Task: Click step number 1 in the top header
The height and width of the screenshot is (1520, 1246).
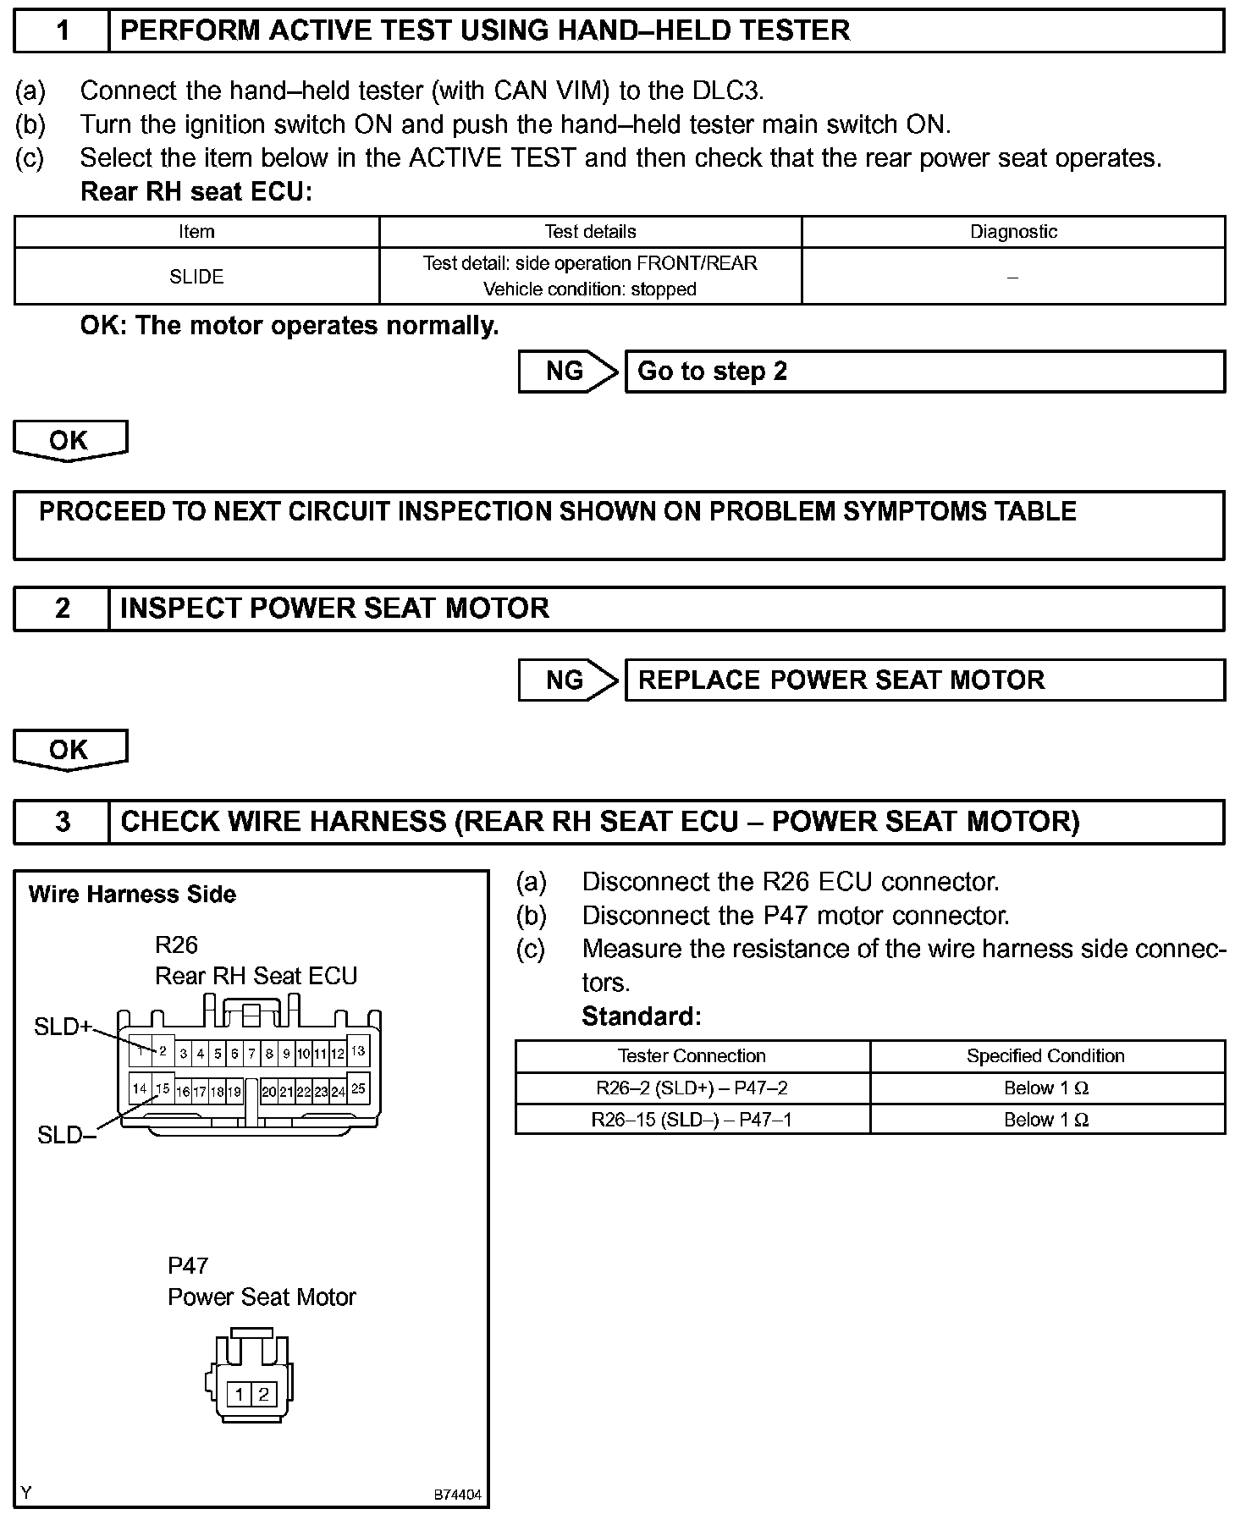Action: pos(62,31)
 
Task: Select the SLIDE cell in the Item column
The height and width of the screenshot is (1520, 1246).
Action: pos(196,277)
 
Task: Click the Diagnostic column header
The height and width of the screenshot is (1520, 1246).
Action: pos(1013,232)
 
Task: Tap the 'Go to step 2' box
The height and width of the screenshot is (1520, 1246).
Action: pos(924,372)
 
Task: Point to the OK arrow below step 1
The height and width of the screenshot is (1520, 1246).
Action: pos(70,441)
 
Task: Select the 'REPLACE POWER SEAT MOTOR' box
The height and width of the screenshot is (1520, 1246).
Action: pos(924,680)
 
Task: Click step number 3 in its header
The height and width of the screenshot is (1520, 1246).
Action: pos(62,822)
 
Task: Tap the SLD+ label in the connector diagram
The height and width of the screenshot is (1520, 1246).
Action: pos(62,1027)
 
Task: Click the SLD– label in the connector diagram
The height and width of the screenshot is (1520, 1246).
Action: pos(66,1136)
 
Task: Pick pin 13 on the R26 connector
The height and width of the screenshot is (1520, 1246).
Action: pos(358,1051)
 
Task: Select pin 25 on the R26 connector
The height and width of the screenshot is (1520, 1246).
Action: pos(358,1088)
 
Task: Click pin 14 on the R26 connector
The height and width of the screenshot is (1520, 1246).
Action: pos(140,1088)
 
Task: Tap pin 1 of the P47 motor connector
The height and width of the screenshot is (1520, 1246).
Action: pos(240,1395)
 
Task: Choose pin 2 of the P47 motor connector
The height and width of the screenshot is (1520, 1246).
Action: pos(263,1395)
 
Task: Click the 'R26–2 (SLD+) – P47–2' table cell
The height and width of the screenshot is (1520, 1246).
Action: pos(692,1088)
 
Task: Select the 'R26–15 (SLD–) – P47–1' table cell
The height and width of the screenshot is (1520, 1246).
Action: pos(692,1121)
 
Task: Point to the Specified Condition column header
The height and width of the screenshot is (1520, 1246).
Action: pos(1045,1056)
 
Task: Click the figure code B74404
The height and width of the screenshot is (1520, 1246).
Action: pos(457,1495)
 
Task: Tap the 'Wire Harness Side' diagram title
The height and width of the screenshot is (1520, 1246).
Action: pos(132,895)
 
